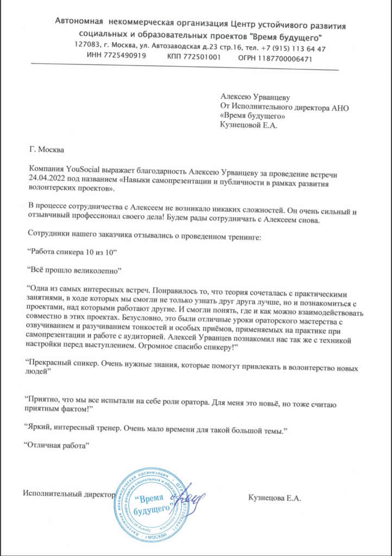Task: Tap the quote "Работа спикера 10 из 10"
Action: click(x=72, y=253)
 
